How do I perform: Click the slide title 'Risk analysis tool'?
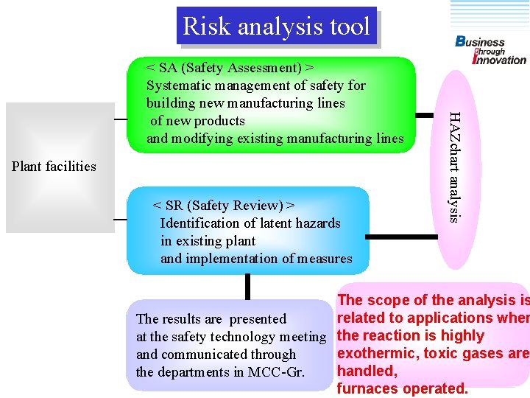276,27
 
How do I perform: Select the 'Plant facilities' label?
54,167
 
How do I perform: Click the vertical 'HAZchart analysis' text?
455,166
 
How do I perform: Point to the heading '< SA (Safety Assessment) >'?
230,68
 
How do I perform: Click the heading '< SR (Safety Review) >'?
224,206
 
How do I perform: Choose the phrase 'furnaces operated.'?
402,388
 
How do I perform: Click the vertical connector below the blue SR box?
248,286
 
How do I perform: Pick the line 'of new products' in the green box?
197,121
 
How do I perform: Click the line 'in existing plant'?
208,241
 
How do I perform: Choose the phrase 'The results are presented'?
211,319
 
